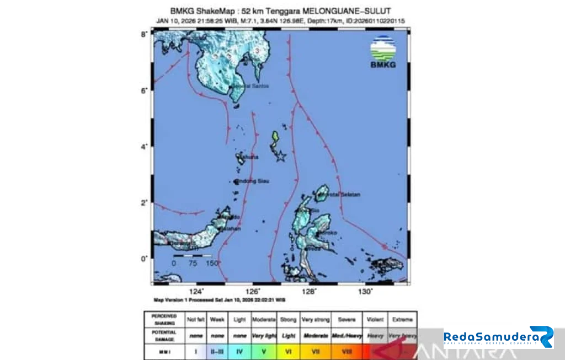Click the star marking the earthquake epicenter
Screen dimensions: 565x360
tap(280, 157)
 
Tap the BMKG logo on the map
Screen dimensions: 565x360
tap(383, 52)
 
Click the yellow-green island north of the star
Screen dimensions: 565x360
tap(275, 138)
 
